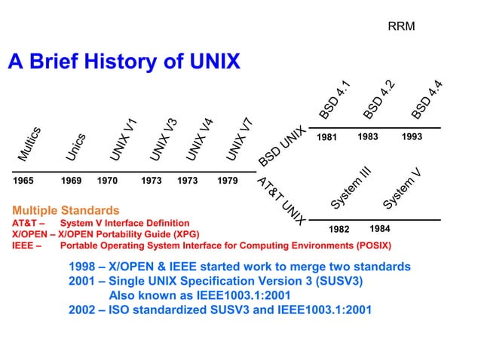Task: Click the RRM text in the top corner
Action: pos(401,28)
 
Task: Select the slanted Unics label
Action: pos(75,147)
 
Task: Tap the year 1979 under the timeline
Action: pos(227,182)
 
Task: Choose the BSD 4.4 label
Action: pos(427,100)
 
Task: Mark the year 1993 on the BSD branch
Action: pos(412,137)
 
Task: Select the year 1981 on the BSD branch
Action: pos(326,138)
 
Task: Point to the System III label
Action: pos(351,188)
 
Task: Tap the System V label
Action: pos(401,188)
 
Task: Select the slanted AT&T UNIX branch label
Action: pos(280,201)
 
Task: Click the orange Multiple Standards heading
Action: pos(66,209)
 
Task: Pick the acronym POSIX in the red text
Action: pos(375,246)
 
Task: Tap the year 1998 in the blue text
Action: pos(81,267)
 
